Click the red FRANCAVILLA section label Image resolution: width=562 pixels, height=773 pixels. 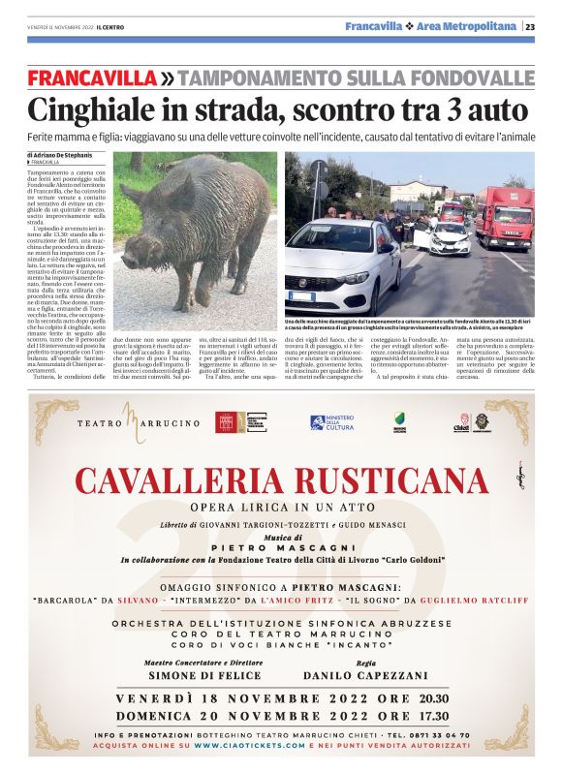coord(91,77)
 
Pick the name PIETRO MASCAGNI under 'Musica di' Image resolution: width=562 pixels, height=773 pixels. coord(280,547)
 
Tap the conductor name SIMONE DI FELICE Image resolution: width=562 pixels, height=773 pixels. coord(190,673)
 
